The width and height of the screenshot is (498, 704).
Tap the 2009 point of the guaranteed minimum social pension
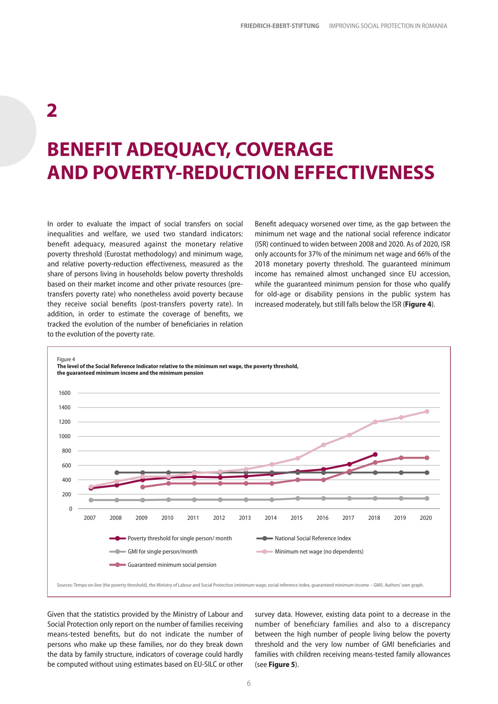coord(143,487)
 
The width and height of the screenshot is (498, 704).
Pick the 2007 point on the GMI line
coord(91,500)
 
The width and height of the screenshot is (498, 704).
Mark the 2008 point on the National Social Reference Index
coord(117,472)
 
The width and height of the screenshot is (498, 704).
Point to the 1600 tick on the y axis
coord(65,393)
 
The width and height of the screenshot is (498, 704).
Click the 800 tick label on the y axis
coord(66,451)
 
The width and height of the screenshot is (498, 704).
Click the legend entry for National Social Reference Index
coord(313,538)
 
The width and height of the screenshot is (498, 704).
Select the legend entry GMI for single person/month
coord(163,552)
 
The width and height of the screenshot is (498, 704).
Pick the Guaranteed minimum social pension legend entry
coord(172,565)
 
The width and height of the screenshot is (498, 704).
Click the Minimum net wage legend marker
coord(265,552)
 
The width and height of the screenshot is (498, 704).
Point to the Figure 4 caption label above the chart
coord(66,359)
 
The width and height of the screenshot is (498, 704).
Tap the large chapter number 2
coord(52,111)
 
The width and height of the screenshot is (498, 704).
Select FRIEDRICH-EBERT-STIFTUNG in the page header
coord(280,26)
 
